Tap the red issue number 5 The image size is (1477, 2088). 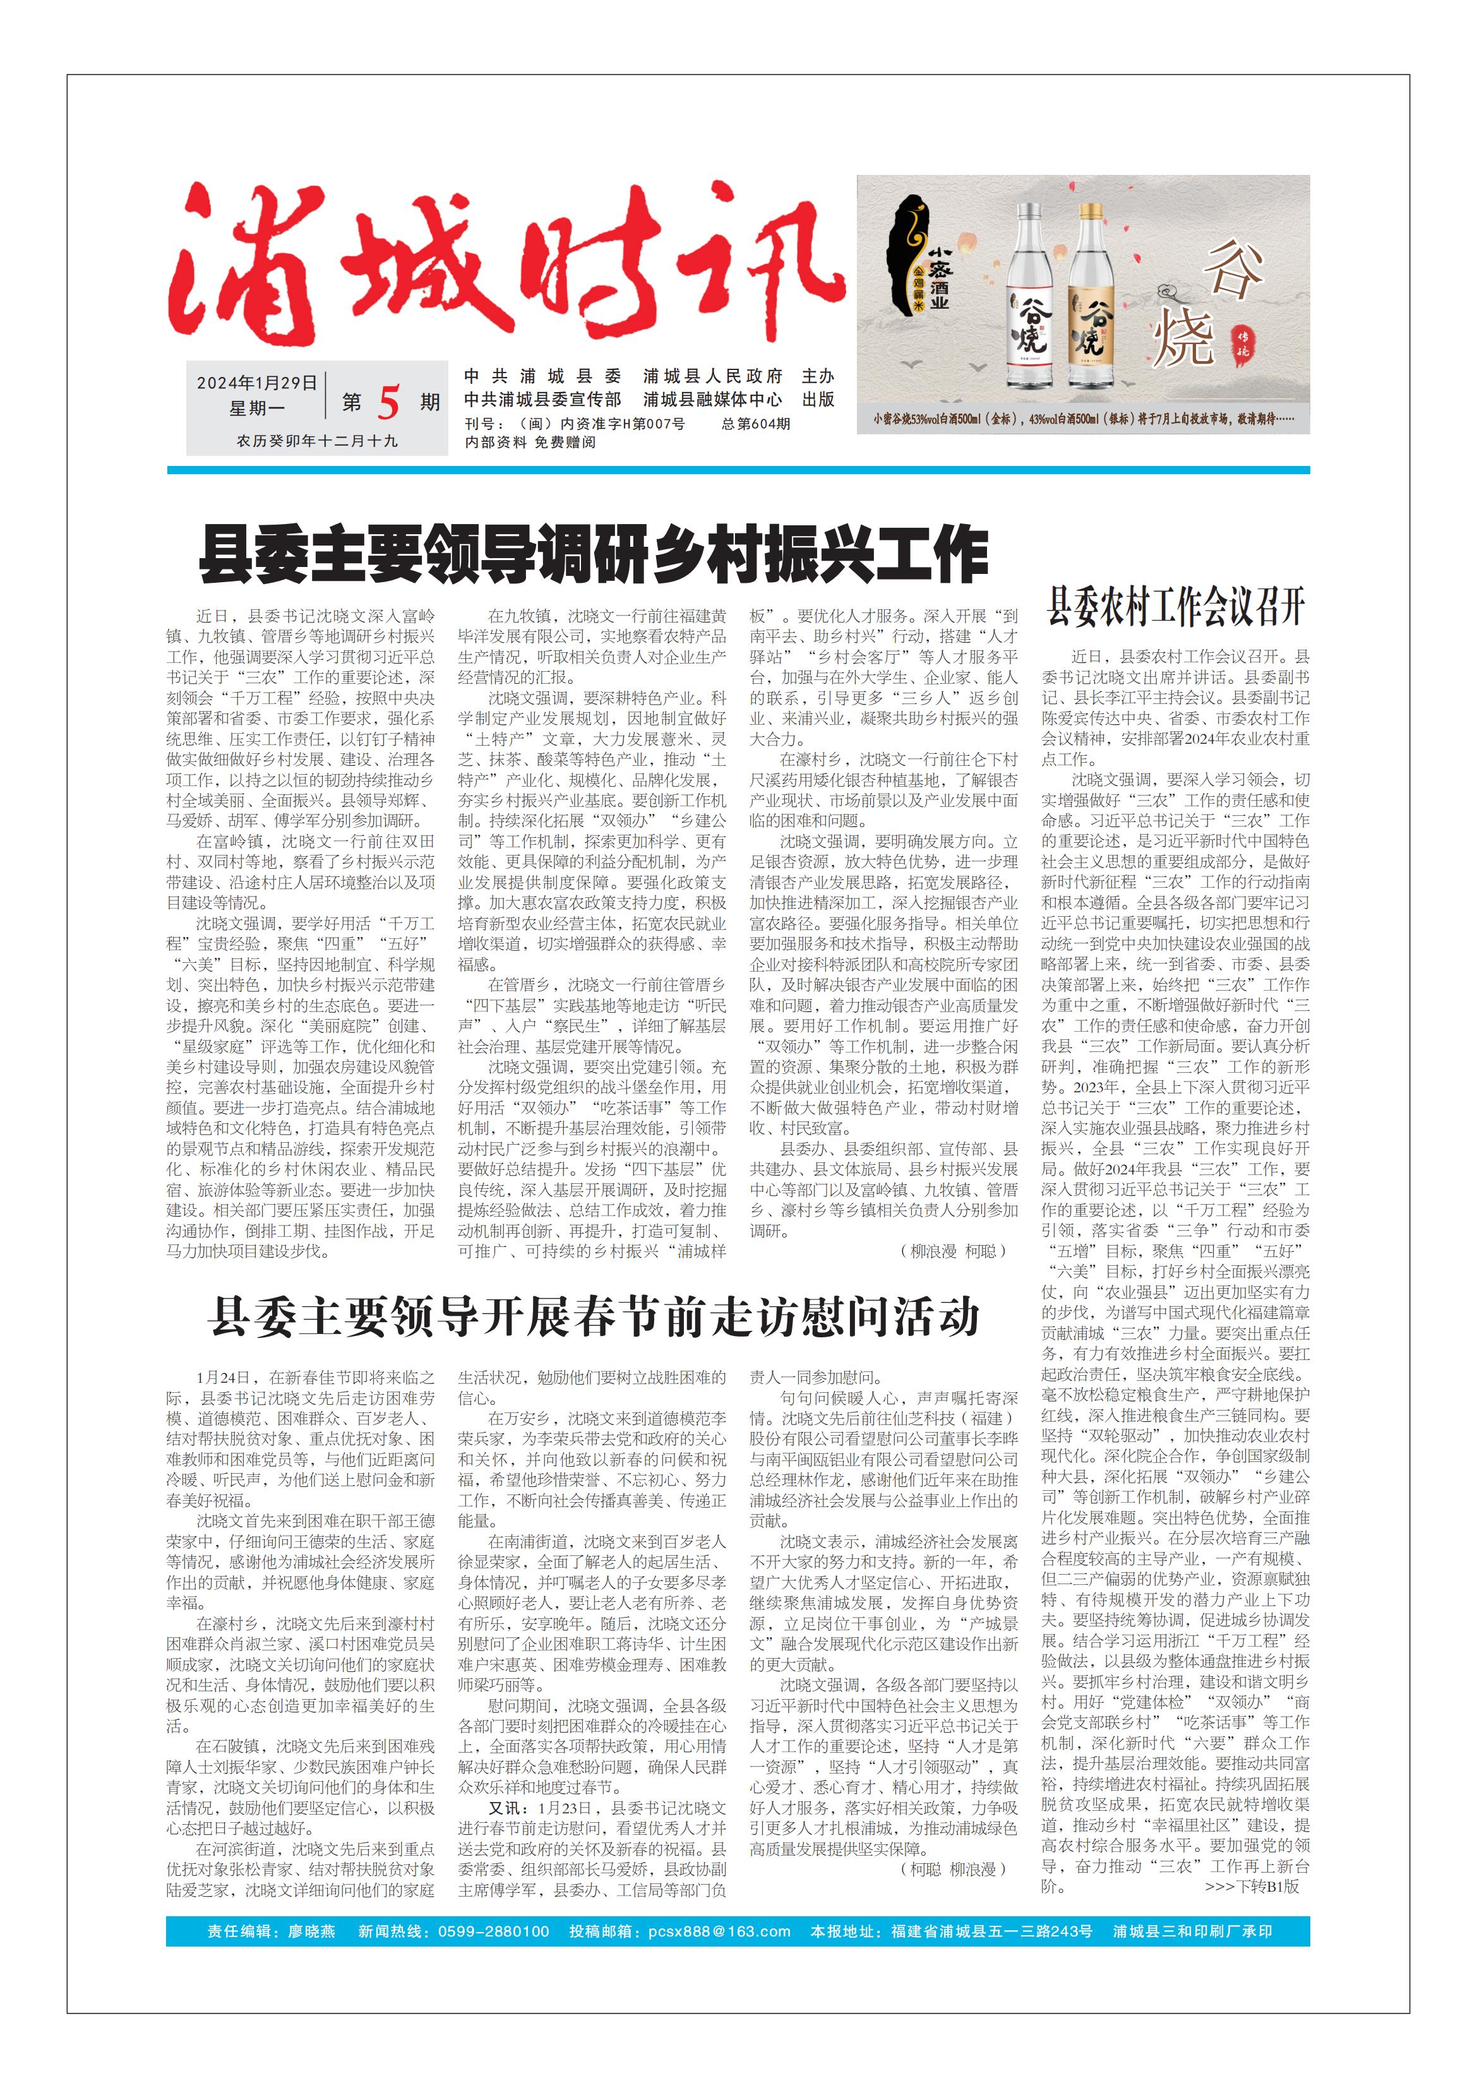point(388,403)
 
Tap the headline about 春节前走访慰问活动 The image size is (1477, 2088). point(593,1318)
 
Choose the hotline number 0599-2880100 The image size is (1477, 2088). point(493,1931)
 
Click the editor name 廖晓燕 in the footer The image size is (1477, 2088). point(312,1931)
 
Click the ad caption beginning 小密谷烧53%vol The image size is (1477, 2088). point(1082,420)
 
